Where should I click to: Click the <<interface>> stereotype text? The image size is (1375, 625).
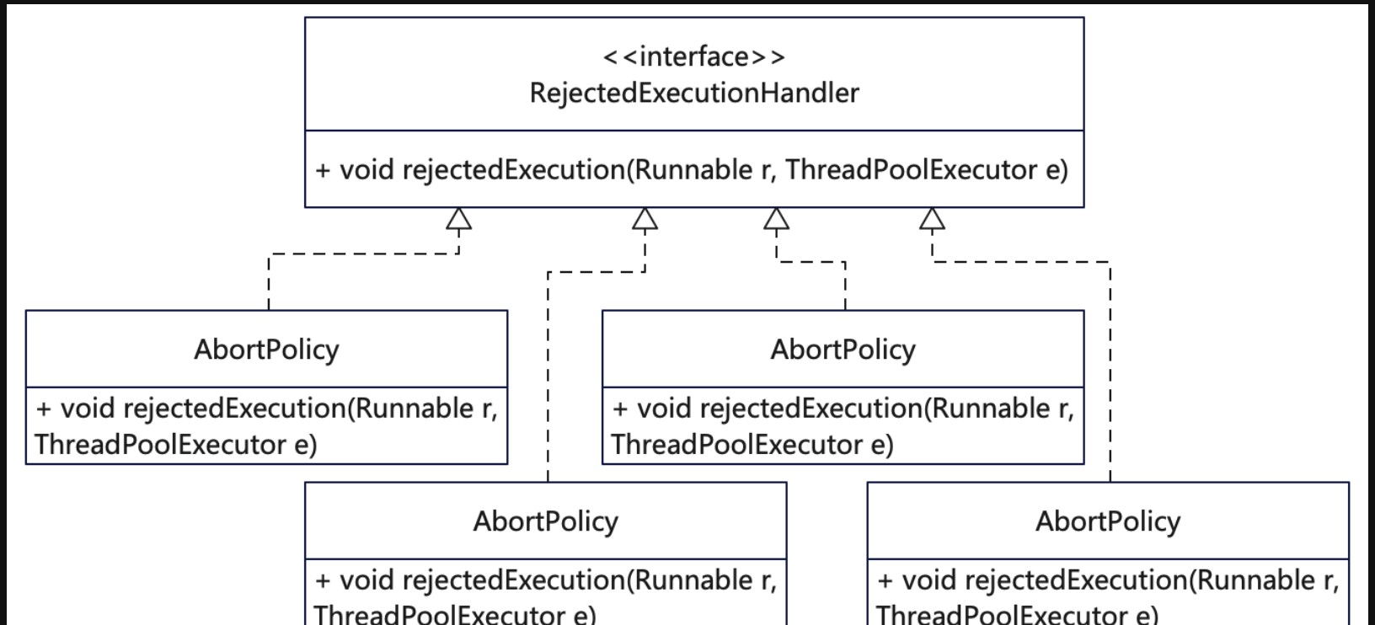pos(693,56)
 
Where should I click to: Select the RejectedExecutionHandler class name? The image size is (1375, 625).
pos(693,93)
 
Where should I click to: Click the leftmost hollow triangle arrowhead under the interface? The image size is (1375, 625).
pos(458,219)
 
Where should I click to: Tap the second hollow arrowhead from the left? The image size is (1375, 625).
pos(645,219)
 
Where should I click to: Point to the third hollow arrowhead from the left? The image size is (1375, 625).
pos(776,219)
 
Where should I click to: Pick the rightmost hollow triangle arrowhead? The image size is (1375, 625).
pos(932,219)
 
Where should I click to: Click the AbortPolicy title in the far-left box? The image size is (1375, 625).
pos(266,349)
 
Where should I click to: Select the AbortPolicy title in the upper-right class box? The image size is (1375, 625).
pos(843,349)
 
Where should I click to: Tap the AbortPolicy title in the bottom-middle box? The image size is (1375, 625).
pos(545,521)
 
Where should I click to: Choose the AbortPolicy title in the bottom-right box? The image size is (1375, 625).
pos(1107,521)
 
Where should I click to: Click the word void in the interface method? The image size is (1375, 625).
pos(366,170)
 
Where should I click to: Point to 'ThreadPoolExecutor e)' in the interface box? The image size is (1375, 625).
pos(927,170)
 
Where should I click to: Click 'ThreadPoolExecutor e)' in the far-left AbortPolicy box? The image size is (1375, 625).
pos(175,445)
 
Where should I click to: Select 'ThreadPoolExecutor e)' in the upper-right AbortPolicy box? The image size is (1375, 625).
pos(752,445)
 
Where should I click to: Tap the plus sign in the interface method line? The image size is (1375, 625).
pos(323,171)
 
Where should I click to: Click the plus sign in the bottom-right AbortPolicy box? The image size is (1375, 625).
pos(885,581)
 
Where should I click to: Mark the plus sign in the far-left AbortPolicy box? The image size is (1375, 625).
pos(44,409)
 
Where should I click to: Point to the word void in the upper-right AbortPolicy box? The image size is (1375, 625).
pos(663,409)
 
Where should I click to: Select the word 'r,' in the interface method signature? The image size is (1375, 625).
pos(768,171)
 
